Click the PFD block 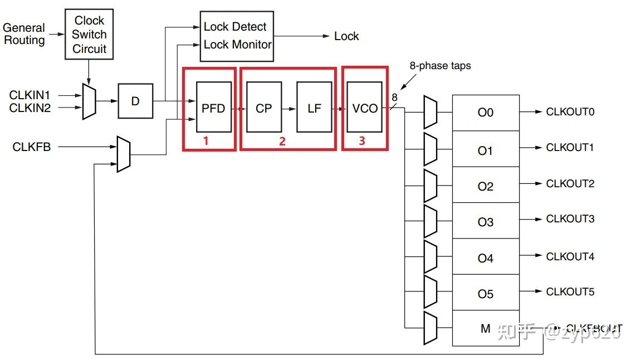[213, 108]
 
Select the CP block [263, 108]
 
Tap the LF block [314, 108]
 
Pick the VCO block [364, 108]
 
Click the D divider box [135, 101]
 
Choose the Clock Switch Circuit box [89, 35]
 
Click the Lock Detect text [234, 27]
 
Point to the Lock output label [346, 36]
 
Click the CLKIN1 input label [30, 95]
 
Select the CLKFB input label [32, 147]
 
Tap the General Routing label [24, 34]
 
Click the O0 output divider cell [485, 113]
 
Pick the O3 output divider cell [485, 222]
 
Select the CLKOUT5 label [570, 291]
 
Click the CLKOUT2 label [570, 183]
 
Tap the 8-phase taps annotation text [440, 66]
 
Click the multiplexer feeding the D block [89, 101]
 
